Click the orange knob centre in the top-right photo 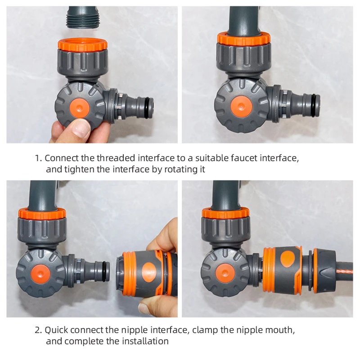(x=241, y=107)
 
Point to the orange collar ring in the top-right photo (x=243, y=39)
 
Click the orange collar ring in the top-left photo (x=82, y=45)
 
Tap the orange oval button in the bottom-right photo (x=288, y=259)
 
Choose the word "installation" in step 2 (x=145, y=341)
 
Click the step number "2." (x=38, y=330)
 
